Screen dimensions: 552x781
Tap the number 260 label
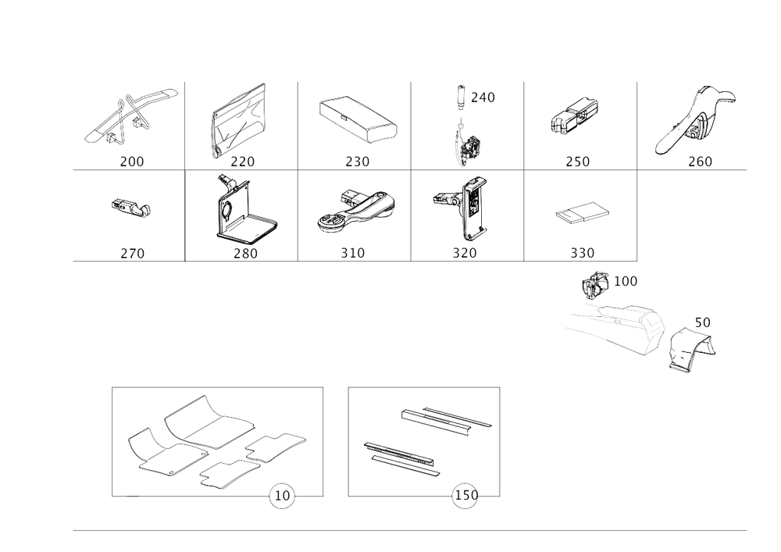pyautogui.click(x=700, y=162)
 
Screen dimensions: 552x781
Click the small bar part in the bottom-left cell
pyautogui.click(x=130, y=208)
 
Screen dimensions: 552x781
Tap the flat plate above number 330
pyautogui.click(x=580, y=212)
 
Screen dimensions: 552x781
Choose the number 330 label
pyautogui.click(x=583, y=253)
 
